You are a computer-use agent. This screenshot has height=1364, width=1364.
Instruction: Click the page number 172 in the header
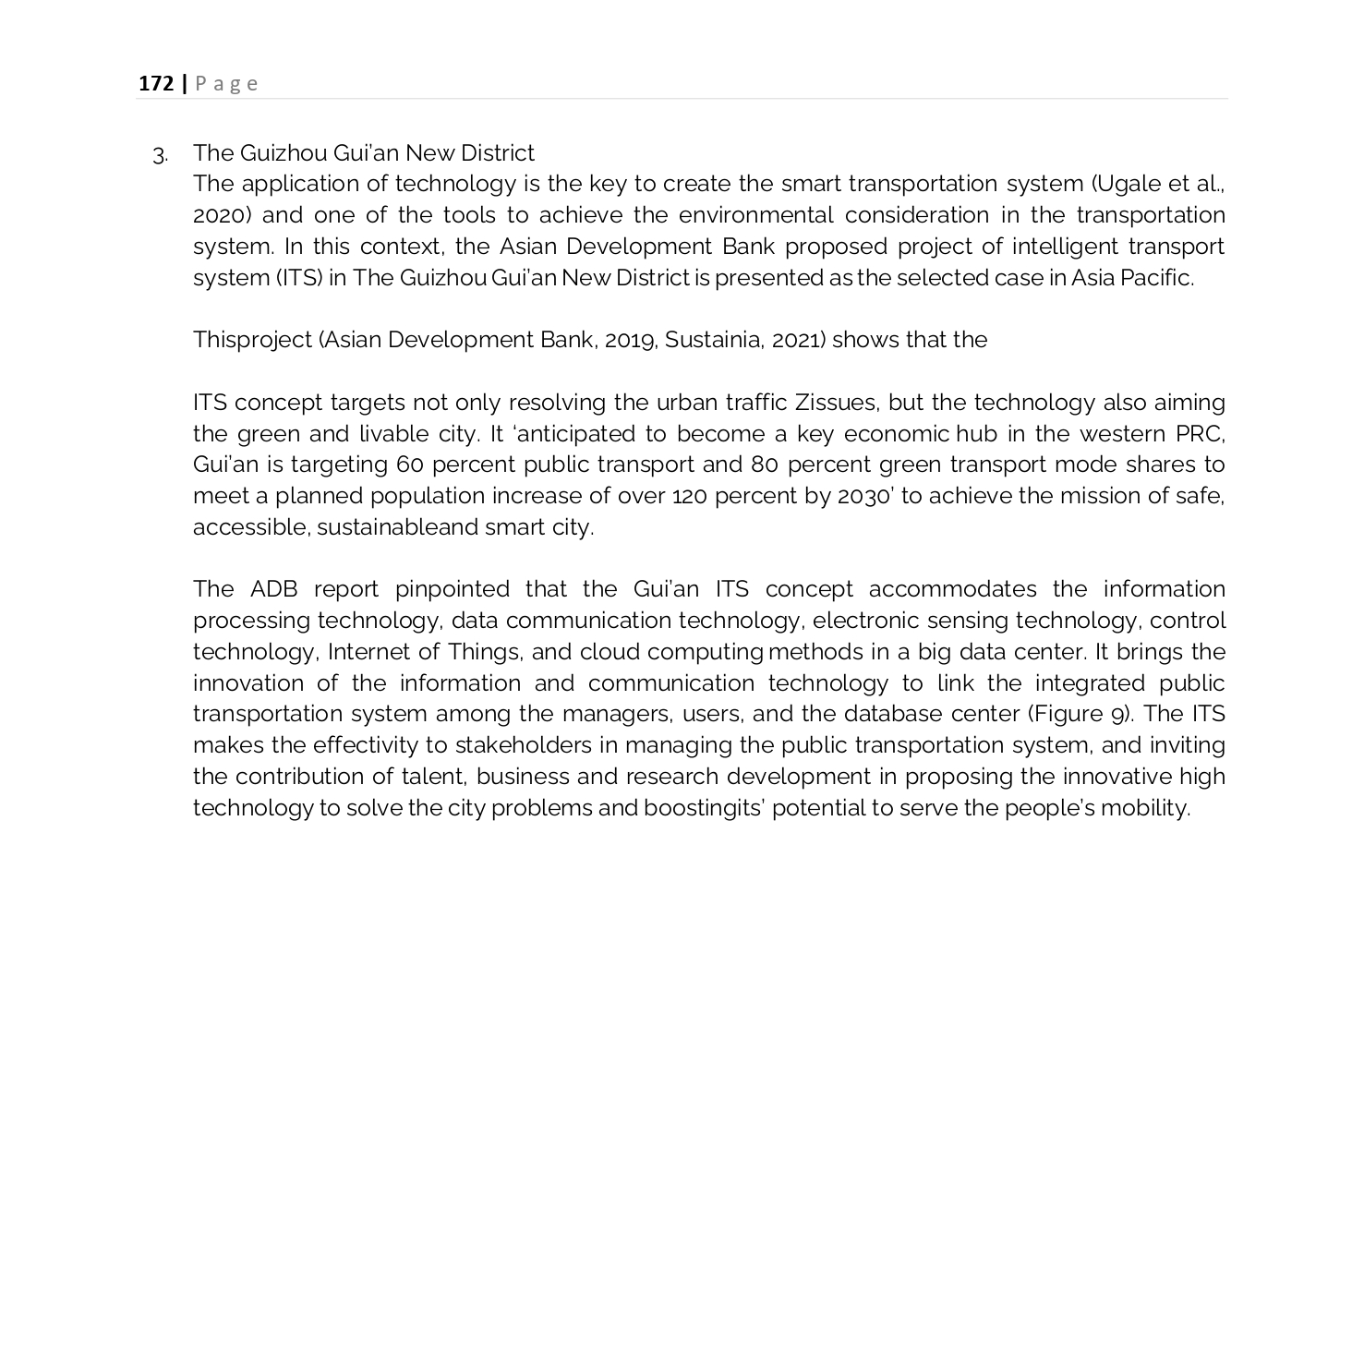[x=156, y=84]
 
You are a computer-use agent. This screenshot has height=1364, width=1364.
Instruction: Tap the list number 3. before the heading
[x=161, y=155]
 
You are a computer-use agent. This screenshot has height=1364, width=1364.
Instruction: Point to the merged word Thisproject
[x=252, y=340]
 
